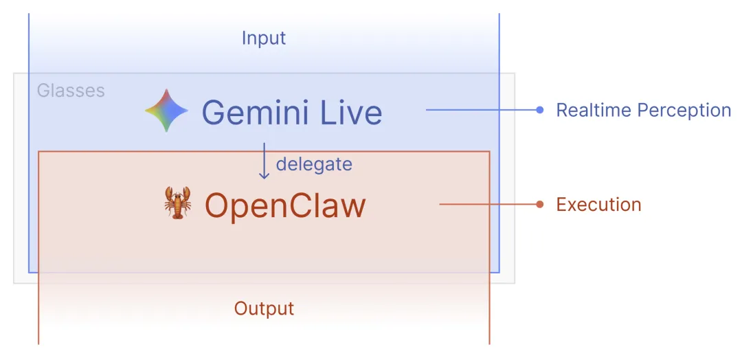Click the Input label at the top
coord(263,38)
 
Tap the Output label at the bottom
coord(264,308)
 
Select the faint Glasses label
coord(71,91)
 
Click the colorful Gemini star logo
coord(167,111)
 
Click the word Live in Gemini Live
coord(352,112)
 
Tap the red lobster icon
coord(178,203)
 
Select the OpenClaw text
coord(285,205)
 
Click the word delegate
coord(314,164)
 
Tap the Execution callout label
coord(598,204)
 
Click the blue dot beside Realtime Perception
coord(540,110)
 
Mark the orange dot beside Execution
coord(540,204)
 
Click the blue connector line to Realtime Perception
coord(481,110)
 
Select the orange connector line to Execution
coord(488,204)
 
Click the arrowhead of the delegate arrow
coord(264,176)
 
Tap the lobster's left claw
coord(169,194)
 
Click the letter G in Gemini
coord(215,112)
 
